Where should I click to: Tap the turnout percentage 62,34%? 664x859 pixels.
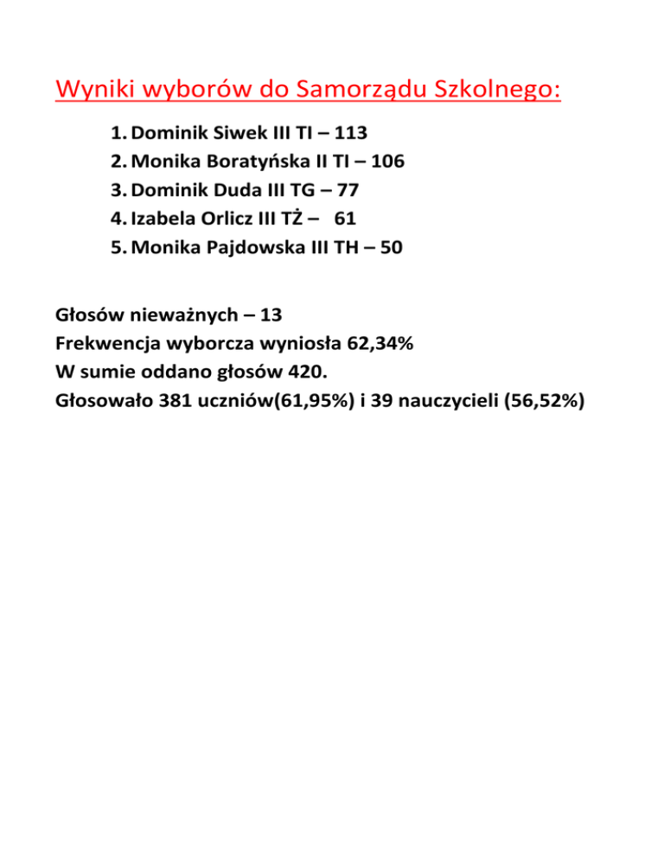coord(380,344)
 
